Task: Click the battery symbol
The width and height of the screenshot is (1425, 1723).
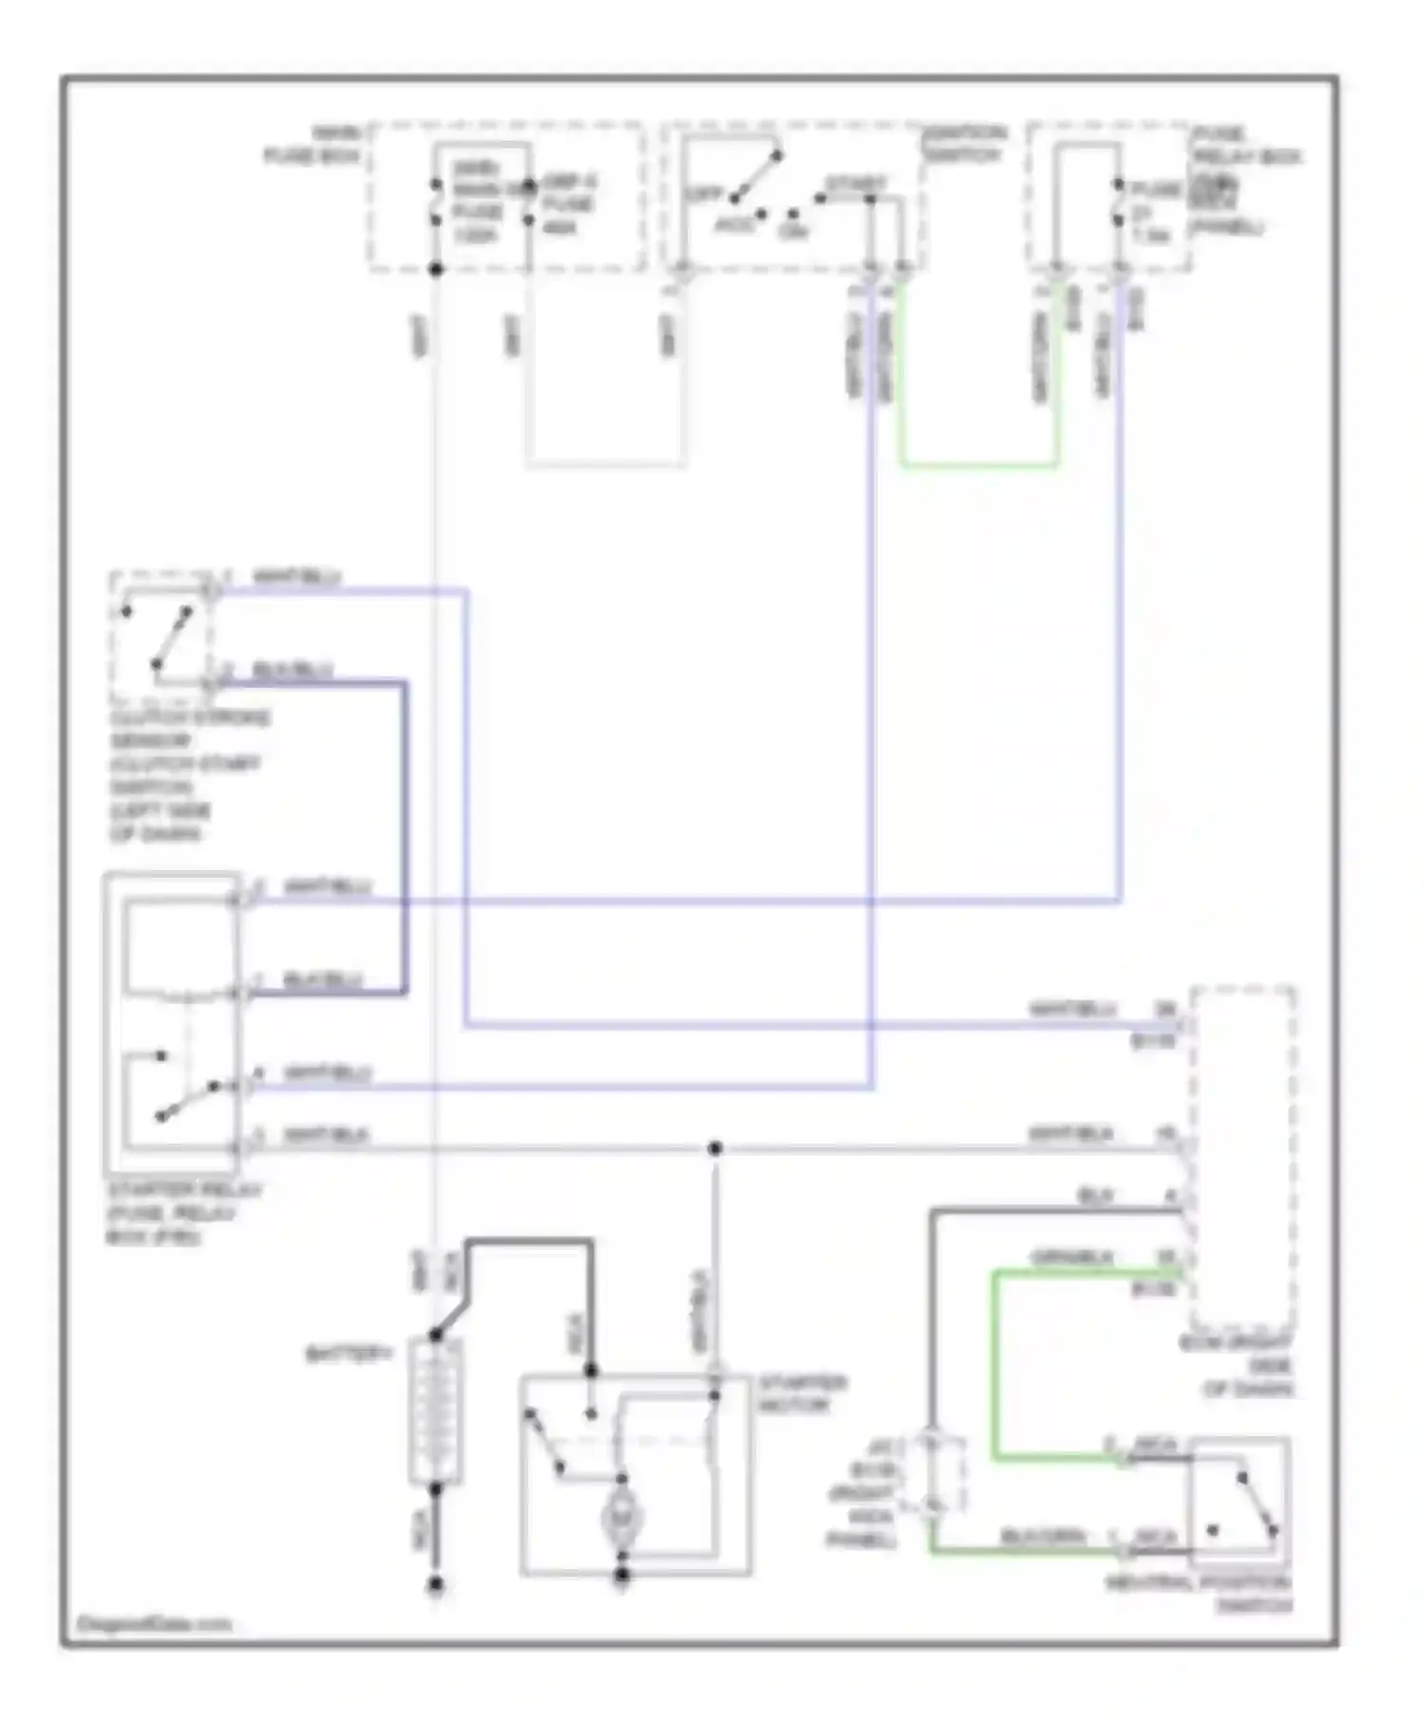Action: coord(435,1411)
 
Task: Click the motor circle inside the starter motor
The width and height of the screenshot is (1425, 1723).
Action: coord(622,1519)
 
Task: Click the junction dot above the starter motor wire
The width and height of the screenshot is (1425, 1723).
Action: coord(714,1148)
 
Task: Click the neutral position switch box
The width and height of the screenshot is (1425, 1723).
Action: coord(1239,1502)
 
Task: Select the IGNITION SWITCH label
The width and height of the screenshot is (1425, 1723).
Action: coord(962,142)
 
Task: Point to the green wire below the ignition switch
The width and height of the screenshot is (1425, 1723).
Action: coord(978,465)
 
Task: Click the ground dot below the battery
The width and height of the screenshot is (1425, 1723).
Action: coord(435,1585)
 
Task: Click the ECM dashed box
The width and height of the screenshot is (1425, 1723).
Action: coord(1243,1159)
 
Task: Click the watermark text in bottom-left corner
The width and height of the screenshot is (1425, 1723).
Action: coord(153,1623)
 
